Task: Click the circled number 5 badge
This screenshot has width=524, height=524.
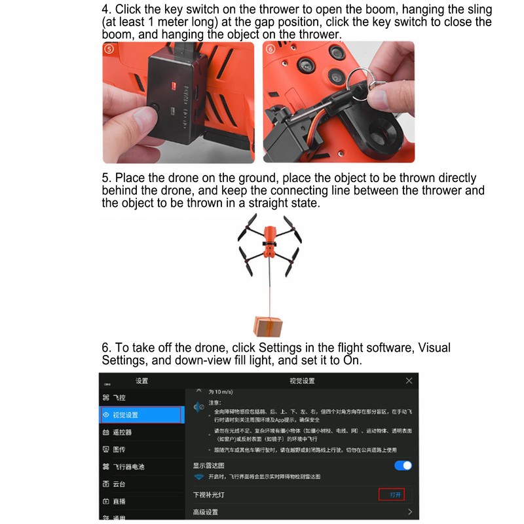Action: [x=109, y=48]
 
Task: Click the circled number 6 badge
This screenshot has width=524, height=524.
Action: [x=270, y=48]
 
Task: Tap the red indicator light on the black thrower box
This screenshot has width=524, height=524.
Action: [x=175, y=85]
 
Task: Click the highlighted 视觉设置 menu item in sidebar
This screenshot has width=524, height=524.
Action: [x=140, y=415]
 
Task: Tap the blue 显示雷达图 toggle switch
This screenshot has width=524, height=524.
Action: [x=403, y=465]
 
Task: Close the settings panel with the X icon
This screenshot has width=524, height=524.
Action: [x=409, y=381]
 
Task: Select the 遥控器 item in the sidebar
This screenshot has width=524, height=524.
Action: [x=122, y=432]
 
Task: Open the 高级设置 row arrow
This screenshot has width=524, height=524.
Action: [x=410, y=512]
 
